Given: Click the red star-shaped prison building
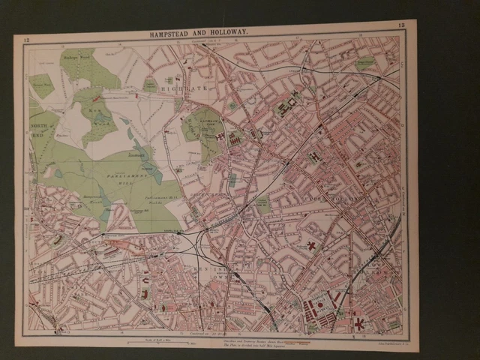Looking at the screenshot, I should tap(360, 323).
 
